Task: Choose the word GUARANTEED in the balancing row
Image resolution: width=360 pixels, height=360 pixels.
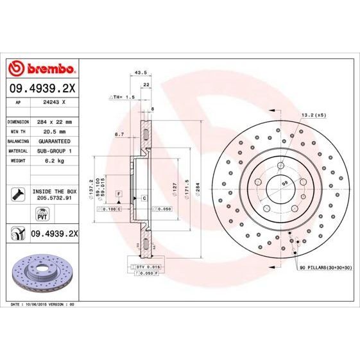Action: click(55, 140)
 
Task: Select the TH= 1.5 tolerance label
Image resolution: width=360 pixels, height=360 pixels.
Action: click(123, 97)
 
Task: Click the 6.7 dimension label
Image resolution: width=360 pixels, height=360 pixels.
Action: click(119, 135)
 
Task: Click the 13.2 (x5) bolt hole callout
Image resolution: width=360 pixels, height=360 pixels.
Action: click(314, 116)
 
